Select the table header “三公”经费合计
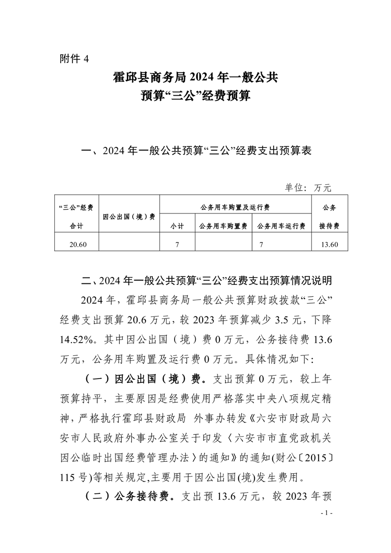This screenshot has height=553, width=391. pos(76,216)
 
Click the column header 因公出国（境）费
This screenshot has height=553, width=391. pos(129,216)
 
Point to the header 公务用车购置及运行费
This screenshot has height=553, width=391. pos(236,207)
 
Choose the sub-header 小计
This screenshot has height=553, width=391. pos(177,226)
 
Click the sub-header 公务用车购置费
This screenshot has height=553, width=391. pos(223,226)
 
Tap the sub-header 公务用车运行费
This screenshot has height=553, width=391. pos(281,226)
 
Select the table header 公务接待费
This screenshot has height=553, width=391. pos(329,216)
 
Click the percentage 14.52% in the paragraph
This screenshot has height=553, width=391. pos(78,340)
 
